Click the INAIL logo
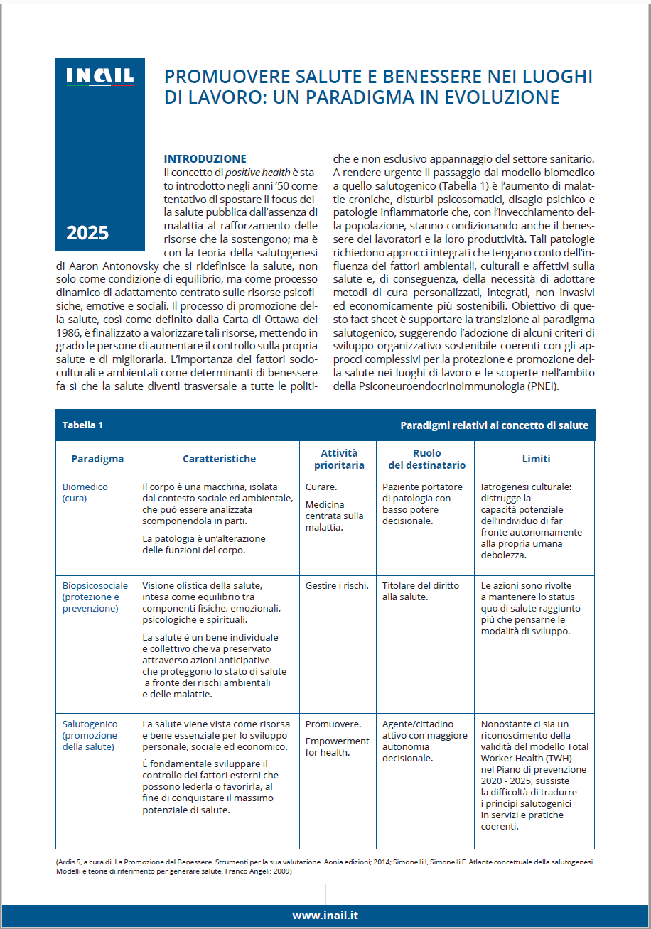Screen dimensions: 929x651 click(x=99, y=77)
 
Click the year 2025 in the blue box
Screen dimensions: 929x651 click(x=87, y=233)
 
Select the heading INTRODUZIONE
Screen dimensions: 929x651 click(x=205, y=158)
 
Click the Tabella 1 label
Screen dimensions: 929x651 click(x=82, y=425)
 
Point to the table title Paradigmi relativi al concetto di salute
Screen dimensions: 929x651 click(x=494, y=425)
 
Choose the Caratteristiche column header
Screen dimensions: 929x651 click(x=219, y=459)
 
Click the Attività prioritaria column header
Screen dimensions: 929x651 click(x=339, y=459)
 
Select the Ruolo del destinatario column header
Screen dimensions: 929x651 click(x=426, y=459)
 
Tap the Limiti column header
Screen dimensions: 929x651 click(x=536, y=459)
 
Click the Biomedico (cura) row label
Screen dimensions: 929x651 click(x=85, y=492)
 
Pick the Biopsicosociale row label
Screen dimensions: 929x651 click(x=95, y=597)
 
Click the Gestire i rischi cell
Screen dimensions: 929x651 click(x=337, y=585)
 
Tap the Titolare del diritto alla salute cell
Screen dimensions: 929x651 click(x=421, y=591)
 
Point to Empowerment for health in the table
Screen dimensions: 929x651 click(x=337, y=746)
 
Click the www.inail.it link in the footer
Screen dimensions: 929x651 click(x=325, y=916)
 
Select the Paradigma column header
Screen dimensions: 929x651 click(x=97, y=459)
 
